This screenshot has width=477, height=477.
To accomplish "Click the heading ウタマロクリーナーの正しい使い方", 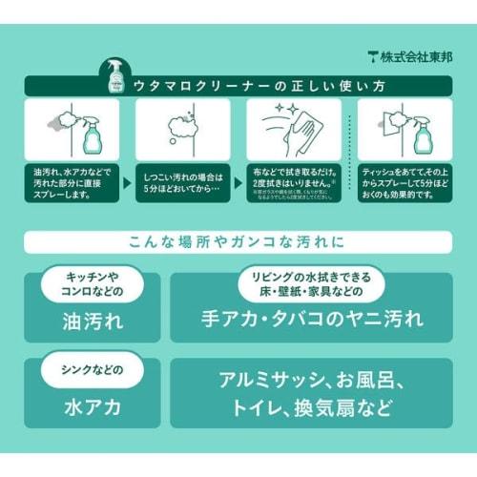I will [245, 87].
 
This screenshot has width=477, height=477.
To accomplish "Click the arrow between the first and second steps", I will [128, 178].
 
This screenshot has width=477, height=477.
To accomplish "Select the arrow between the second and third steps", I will [238, 178].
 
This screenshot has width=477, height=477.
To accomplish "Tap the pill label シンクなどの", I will [87, 369].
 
